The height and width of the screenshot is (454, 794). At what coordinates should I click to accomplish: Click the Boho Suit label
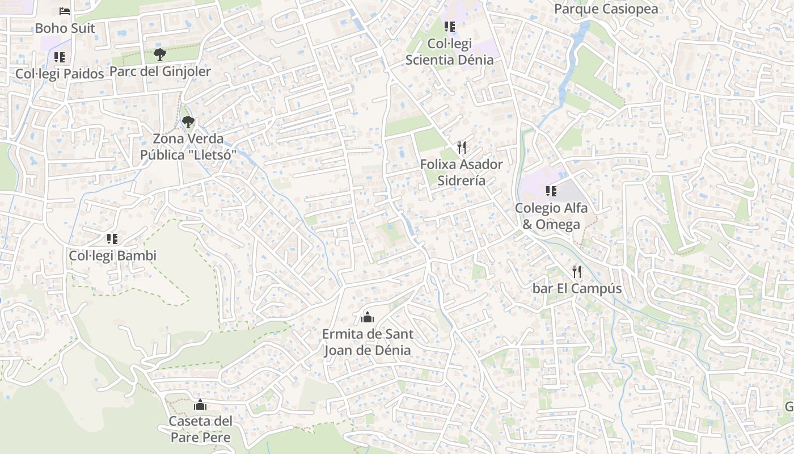(65, 28)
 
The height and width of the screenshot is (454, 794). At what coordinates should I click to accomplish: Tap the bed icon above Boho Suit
(65, 11)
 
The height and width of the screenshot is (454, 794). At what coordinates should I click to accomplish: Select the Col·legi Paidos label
(60, 74)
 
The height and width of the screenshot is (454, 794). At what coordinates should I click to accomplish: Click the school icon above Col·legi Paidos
(60, 57)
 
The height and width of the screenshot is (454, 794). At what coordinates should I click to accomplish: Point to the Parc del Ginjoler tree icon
(160, 54)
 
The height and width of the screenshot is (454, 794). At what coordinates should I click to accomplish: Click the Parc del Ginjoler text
(160, 72)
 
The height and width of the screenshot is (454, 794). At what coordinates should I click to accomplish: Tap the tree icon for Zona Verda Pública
(188, 121)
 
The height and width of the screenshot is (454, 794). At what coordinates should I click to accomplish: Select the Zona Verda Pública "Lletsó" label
(188, 147)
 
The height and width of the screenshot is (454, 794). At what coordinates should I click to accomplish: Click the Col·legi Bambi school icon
(112, 239)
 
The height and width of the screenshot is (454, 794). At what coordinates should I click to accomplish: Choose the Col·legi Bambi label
(112, 256)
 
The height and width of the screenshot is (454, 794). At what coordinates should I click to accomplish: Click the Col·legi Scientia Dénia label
(449, 52)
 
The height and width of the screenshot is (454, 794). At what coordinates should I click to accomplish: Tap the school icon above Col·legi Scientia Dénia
(449, 26)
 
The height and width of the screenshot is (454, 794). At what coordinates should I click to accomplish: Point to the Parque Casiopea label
(606, 9)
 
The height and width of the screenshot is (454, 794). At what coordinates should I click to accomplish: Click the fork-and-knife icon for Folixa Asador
(462, 148)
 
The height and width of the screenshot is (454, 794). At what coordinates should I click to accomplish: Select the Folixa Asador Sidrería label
(462, 173)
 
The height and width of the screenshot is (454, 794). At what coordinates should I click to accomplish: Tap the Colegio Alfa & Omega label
(551, 216)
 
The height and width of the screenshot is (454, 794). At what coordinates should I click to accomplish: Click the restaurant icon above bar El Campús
(577, 272)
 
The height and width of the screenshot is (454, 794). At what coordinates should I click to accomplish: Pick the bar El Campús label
(577, 289)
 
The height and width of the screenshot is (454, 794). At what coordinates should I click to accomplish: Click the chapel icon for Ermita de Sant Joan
(368, 317)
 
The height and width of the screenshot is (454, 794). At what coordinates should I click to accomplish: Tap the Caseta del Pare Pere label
(200, 430)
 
